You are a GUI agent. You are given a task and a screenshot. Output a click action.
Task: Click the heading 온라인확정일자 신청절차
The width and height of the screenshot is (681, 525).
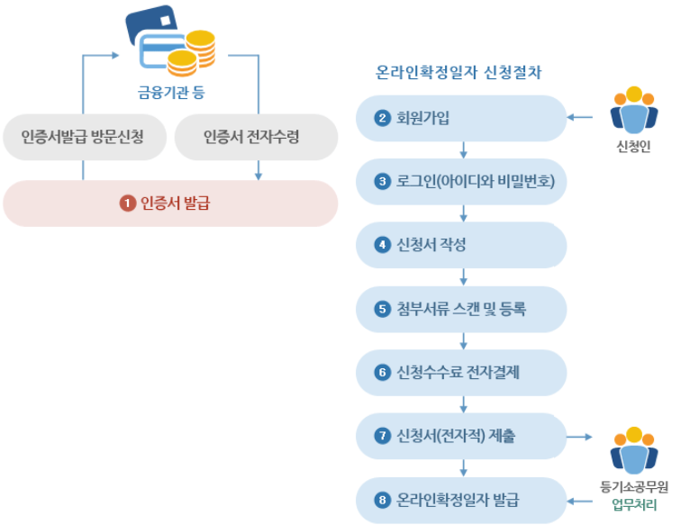point(459,71)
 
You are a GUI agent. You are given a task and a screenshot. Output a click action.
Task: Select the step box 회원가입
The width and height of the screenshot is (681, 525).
point(461,118)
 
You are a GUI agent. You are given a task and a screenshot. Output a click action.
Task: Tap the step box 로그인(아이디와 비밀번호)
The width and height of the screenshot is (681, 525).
point(461,182)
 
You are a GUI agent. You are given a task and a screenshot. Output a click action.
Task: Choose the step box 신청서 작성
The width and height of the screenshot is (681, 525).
point(461,245)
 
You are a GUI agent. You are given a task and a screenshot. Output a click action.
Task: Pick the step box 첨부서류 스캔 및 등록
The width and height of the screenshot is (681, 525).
point(461,309)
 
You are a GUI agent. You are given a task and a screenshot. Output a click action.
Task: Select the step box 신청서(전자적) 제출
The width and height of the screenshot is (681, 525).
point(461,437)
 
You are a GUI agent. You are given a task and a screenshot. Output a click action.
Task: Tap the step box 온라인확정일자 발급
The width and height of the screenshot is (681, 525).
point(461,500)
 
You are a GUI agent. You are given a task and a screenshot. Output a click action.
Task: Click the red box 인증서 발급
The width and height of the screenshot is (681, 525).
point(170,204)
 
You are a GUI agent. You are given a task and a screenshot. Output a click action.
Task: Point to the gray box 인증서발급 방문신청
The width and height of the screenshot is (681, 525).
point(83,137)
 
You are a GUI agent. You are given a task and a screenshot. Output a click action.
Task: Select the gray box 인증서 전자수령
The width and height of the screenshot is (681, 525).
point(251,137)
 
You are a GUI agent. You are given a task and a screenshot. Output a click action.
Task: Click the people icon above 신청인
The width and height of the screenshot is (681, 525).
point(634,110)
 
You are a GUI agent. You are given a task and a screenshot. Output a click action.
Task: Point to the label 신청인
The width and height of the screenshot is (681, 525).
point(634,147)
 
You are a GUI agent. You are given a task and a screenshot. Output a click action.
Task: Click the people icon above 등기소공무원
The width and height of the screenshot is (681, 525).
point(634,449)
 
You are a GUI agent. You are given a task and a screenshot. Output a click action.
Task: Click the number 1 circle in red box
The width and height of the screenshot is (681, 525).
point(127,204)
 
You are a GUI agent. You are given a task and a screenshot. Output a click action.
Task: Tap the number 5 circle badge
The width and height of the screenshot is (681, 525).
point(383,309)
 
